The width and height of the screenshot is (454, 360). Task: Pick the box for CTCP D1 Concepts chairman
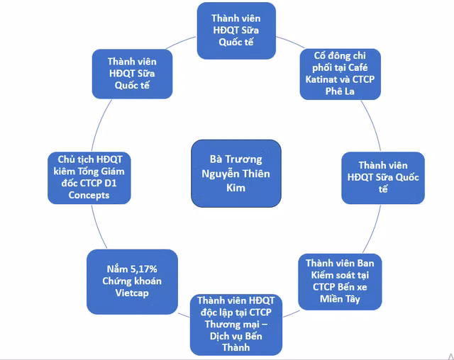coord(90,176)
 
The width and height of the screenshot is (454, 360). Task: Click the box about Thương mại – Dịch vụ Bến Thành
coord(237,324)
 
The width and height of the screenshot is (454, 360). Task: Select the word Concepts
coord(90,195)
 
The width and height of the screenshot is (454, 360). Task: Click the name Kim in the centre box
coord(237,188)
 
